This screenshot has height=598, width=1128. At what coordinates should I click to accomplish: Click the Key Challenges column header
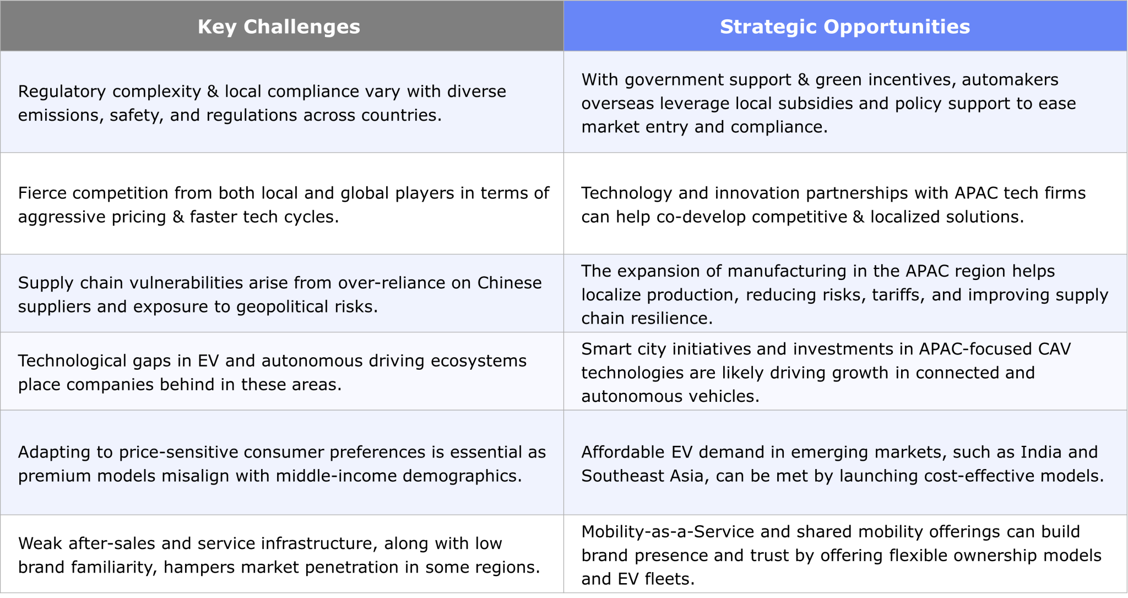pos(279,26)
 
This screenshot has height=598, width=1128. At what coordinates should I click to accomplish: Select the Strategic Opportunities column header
pos(845,26)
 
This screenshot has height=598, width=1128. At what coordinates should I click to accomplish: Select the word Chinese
pos(509,283)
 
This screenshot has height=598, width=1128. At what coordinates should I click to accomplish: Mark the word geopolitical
pos(283,306)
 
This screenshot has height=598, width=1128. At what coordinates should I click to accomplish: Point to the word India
pos(1040,452)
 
